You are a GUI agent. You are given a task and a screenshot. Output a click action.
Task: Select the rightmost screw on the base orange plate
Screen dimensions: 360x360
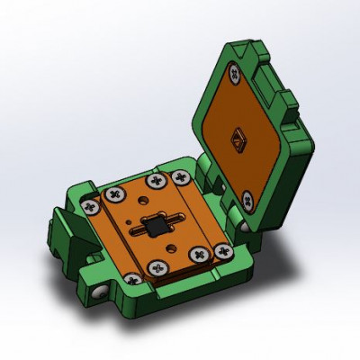point(195,247)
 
